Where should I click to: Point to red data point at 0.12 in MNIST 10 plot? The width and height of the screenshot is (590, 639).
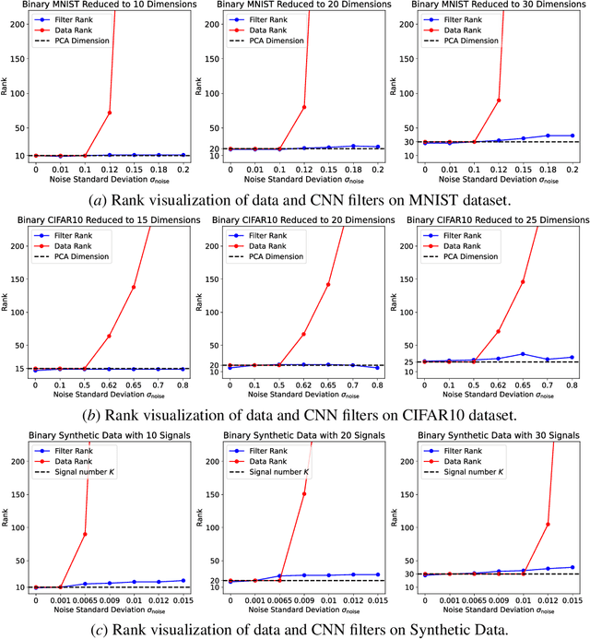point(111,112)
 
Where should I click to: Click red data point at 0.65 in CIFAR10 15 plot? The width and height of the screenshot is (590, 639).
point(134,287)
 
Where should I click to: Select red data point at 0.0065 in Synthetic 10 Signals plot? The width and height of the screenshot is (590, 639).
point(86,534)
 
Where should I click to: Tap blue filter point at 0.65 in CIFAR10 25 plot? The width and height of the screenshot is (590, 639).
point(523,354)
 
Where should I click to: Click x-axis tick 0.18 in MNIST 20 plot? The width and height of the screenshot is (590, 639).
point(352,170)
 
